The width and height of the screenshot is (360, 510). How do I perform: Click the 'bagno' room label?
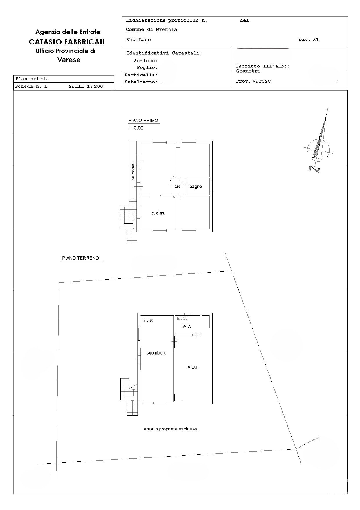[x=196, y=186]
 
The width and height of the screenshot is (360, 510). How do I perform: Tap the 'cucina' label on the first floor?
[x=158, y=213]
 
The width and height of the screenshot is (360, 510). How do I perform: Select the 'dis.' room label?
[x=178, y=186]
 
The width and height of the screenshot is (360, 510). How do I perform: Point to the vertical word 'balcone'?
[x=133, y=172]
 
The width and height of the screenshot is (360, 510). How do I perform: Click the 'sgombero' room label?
[x=156, y=353]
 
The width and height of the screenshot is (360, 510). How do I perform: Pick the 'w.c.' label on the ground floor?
[x=187, y=326]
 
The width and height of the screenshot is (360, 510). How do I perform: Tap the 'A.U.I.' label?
[x=193, y=367]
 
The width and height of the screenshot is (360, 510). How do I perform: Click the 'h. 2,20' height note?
[x=148, y=321]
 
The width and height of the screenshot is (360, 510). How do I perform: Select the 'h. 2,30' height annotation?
[x=182, y=318]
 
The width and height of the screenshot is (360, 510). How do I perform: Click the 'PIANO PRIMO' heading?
[x=143, y=121]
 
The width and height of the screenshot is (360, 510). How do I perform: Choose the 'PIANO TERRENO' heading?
[x=80, y=258]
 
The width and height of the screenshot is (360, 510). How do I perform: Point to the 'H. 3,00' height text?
[x=136, y=128]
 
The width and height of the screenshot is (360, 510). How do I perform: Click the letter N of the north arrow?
[x=314, y=169]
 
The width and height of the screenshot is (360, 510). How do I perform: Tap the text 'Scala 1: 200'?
[x=86, y=86]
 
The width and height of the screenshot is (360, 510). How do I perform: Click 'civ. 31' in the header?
[x=309, y=40]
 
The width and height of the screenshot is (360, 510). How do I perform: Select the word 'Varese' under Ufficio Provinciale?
[x=69, y=60]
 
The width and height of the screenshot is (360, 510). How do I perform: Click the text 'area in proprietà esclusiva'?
[x=171, y=429]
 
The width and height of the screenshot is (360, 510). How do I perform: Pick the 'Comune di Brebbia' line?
[x=152, y=29]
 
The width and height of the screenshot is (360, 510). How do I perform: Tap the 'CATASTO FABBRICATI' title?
[x=67, y=42]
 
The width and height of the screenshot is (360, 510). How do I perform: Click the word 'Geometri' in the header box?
[x=248, y=71]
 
